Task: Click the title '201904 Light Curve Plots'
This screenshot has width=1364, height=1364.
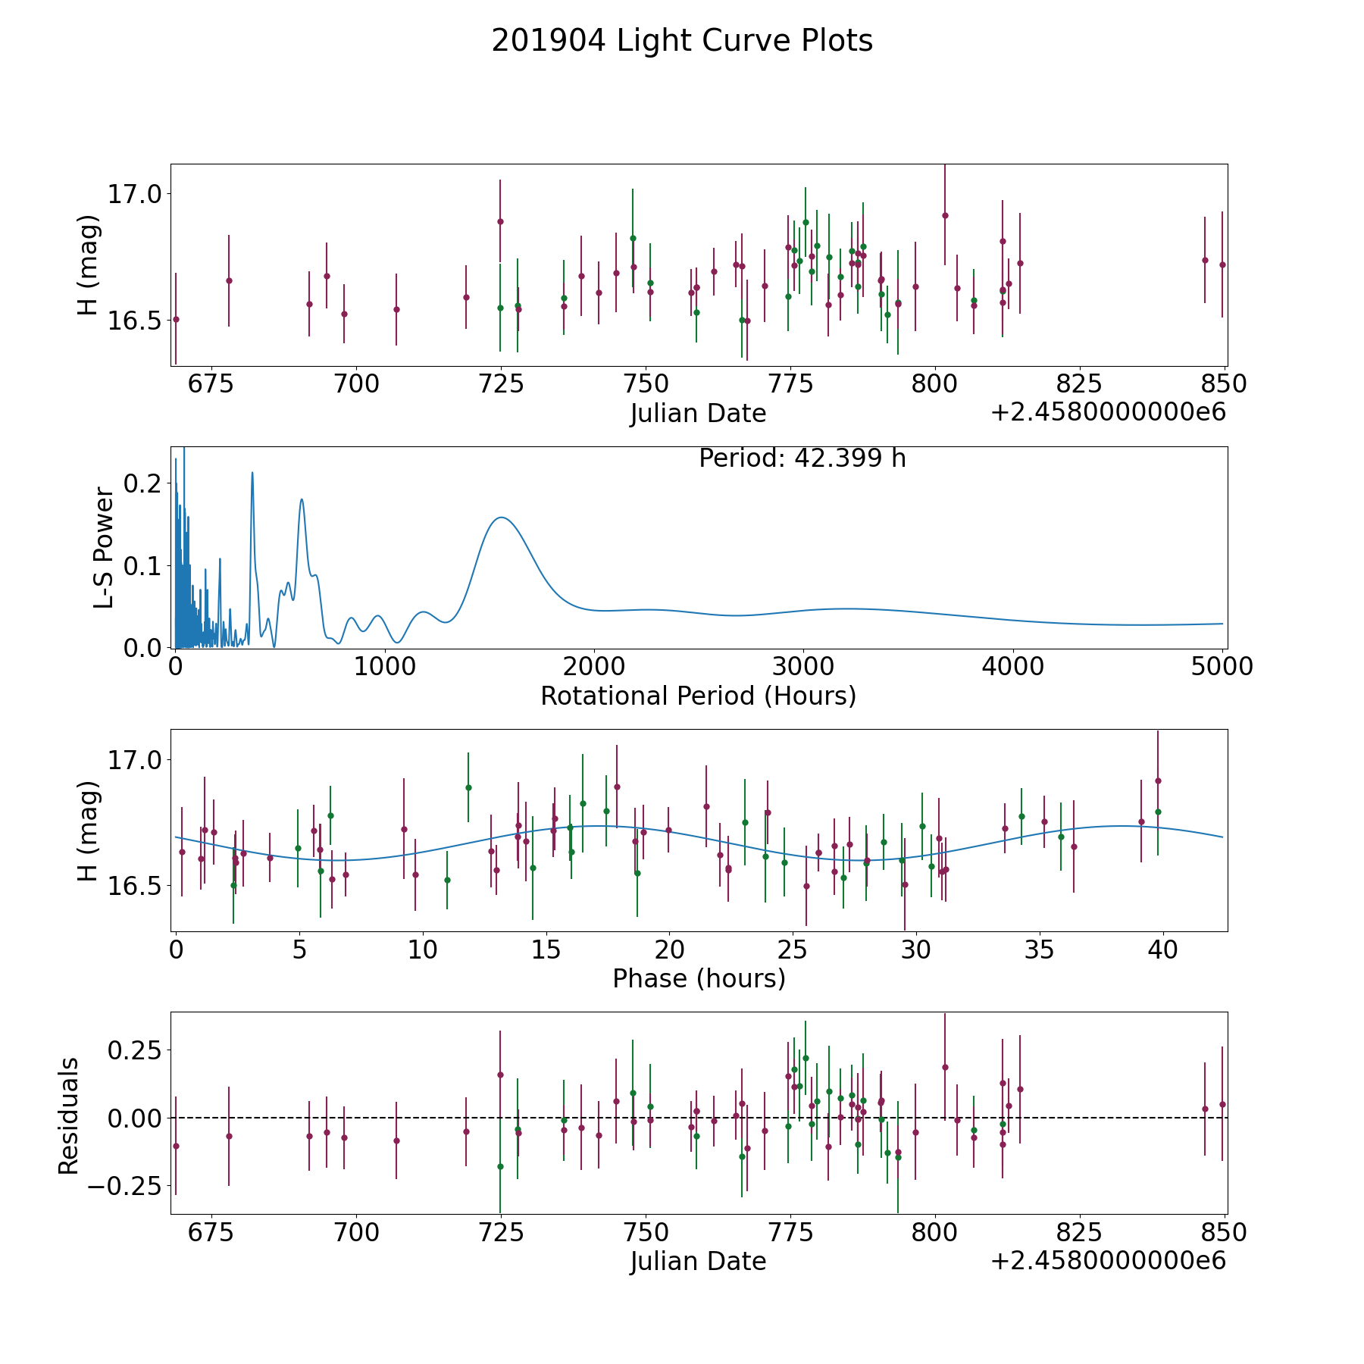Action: click(682, 41)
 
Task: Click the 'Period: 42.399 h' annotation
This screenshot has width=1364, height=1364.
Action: click(802, 458)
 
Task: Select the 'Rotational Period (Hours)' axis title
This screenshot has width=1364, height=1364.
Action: click(698, 696)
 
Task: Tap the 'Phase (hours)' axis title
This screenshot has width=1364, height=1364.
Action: click(699, 978)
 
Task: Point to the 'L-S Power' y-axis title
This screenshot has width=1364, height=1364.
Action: click(104, 548)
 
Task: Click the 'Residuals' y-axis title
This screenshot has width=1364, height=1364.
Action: click(69, 1116)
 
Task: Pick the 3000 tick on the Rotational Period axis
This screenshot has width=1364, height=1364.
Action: click(803, 667)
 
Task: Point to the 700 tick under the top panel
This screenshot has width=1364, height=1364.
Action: click(356, 384)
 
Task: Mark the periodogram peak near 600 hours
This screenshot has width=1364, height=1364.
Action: click(302, 499)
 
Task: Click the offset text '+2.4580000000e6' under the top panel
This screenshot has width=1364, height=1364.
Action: click(1108, 412)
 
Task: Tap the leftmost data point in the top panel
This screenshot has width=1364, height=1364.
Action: click(176, 319)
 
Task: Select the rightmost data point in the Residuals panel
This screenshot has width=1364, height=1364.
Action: click(1222, 1104)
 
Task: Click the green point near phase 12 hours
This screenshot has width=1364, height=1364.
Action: click(468, 787)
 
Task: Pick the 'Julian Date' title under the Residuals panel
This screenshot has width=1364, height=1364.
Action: click(698, 1261)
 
